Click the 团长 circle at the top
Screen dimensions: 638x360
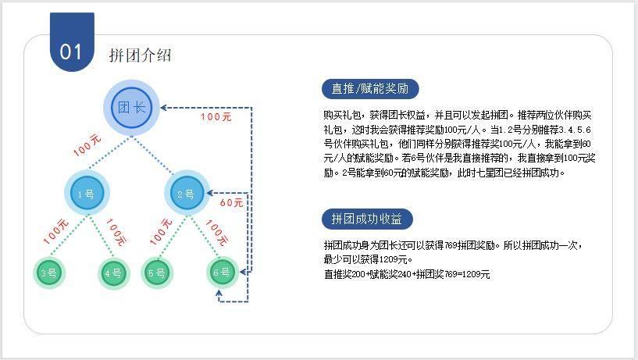point(131,108)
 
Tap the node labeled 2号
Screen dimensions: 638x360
point(185,194)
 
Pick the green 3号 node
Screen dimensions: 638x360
point(48,273)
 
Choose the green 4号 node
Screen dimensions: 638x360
point(113,273)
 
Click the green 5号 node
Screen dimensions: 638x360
point(156,273)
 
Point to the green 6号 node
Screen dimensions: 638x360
point(222,273)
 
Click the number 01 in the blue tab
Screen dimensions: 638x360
point(71,52)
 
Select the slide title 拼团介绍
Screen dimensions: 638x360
point(140,55)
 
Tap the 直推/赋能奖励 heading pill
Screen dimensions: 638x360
point(370,88)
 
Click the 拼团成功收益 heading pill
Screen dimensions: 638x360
point(366,218)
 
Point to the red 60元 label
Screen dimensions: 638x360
point(231,203)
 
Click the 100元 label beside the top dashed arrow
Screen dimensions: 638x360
point(216,117)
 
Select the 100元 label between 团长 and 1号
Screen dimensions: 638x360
point(87,144)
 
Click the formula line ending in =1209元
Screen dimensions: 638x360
point(407,274)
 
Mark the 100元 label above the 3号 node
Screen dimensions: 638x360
point(56,232)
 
